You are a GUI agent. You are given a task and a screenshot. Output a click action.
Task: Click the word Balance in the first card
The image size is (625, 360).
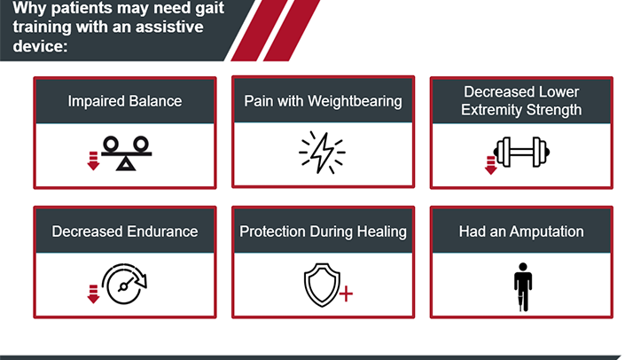[x=155, y=101]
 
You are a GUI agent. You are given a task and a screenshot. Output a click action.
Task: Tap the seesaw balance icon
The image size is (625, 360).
[x=127, y=153]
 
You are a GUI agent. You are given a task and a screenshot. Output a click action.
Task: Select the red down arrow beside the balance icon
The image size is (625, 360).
[x=93, y=161]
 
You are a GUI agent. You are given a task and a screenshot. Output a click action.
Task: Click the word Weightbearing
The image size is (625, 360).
[x=355, y=102]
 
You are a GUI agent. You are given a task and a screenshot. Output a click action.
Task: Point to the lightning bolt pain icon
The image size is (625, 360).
[x=322, y=153]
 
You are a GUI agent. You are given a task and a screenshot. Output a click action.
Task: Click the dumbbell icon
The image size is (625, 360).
[x=522, y=152]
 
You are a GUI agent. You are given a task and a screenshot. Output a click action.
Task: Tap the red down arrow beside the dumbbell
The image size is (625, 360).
[x=491, y=166]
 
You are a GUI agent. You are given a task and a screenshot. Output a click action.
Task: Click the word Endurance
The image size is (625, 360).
[x=161, y=231]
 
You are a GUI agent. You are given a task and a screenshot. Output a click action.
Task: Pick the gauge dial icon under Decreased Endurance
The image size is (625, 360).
[x=124, y=284]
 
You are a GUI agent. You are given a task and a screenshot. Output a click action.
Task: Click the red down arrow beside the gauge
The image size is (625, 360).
[x=93, y=294]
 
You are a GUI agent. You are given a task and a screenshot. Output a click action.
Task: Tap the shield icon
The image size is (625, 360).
[x=322, y=285]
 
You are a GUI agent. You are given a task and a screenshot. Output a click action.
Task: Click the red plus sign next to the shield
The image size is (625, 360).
[x=346, y=293]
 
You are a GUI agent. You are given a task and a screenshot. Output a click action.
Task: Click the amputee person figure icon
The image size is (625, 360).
[x=523, y=287]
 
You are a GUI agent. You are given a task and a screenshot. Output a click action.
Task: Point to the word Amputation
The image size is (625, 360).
[x=546, y=231]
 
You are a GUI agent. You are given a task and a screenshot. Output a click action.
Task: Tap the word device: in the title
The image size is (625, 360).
[x=40, y=46]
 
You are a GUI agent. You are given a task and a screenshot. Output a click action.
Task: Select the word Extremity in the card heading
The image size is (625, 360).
[x=492, y=110]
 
